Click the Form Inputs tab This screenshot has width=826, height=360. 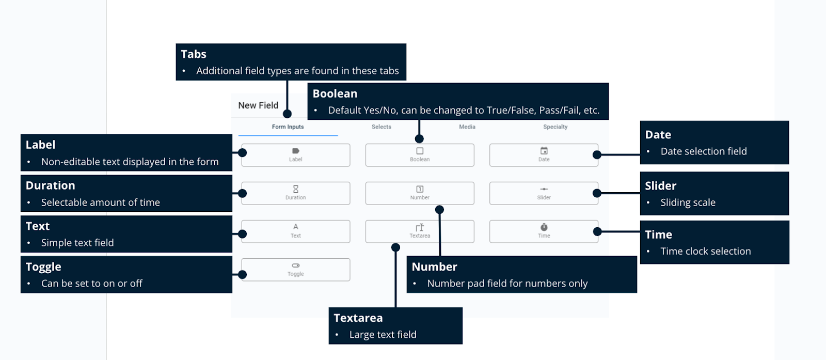pos(288,127)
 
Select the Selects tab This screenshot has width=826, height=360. pos(381,127)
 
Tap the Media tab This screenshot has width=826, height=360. pos(467,127)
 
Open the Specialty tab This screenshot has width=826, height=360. pos(555,127)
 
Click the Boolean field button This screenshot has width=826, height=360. pos(419,155)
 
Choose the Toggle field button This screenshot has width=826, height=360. pos(295,270)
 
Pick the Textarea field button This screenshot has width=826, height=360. pos(419,231)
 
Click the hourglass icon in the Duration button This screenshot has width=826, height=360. pos(295,189)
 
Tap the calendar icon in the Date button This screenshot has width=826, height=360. pos(544,151)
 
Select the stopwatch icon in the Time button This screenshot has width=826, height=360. pos(544,227)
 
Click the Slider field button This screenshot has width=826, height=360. pos(543,193)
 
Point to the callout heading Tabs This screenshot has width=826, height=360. pos(194,54)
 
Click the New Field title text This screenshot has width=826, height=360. pos(258,105)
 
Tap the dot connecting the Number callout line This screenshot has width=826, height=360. pos(439,210)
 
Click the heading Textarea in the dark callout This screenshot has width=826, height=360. pos(358,318)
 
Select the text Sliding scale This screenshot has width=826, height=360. pos(688,202)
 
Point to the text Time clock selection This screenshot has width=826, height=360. pos(705,252)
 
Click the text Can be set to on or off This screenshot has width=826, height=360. pos(91,284)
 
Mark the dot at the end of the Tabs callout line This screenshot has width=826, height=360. pos(287,114)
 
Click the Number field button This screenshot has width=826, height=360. pos(419,193)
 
